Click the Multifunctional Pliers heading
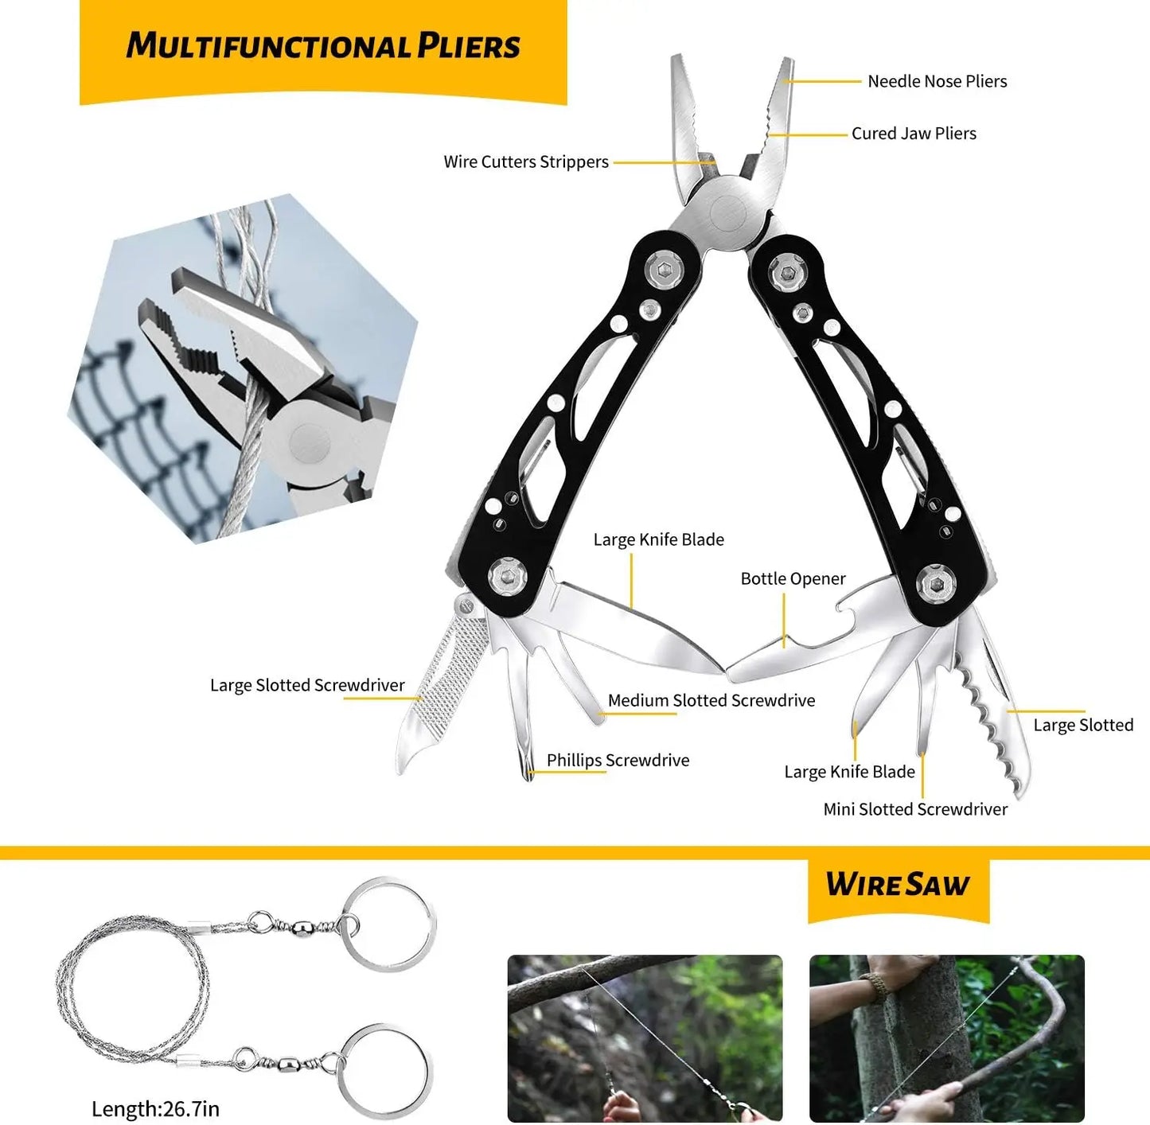tap(322, 46)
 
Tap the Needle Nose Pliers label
tap(937, 81)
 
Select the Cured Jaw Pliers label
tap(914, 134)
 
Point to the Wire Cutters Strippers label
tap(526, 162)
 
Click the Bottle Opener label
tap(793, 579)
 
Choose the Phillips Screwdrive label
tap(618, 761)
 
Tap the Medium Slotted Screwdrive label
tap(711, 701)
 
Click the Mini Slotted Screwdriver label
tap(915, 810)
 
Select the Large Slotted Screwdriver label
tap(307, 686)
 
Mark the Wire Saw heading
tap(897, 885)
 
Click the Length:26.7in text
tap(155, 1109)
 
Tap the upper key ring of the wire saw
tap(389, 923)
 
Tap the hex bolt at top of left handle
tap(664, 271)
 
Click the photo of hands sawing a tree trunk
tap(946, 1037)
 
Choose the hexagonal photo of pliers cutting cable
tap(243, 370)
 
